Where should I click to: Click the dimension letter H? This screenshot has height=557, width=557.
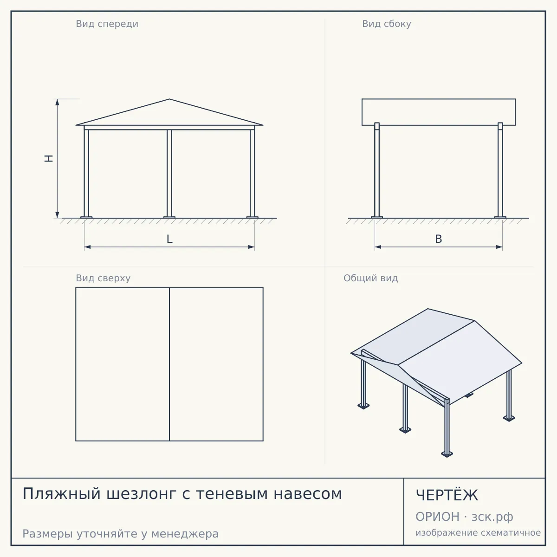(49, 158)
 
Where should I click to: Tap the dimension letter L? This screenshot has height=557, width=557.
(170, 239)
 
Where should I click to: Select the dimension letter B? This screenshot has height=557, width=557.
(439, 239)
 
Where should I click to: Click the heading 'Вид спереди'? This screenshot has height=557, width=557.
(107, 24)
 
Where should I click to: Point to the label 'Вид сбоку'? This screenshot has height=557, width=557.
(387, 24)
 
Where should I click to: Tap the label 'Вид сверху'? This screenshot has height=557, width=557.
(103, 278)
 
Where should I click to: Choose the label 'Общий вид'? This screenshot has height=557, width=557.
(370, 278)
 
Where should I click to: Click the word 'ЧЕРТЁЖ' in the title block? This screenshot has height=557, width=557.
(447, 495)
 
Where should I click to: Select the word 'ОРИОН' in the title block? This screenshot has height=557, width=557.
(437, 517)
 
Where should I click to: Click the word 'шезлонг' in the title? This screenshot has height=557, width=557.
(142, 494)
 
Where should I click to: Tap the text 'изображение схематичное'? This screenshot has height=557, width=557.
(478, 533)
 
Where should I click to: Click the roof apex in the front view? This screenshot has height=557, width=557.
(169, 99)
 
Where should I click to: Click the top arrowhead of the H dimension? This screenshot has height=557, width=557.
(57, 102)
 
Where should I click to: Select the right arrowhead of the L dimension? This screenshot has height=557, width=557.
(252, 247)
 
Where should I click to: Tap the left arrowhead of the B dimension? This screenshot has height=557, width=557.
(378, 247)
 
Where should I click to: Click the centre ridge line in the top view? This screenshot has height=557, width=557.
(169, 364)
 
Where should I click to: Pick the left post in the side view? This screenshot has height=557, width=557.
(376, 170)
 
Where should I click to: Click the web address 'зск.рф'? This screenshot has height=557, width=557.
(492, 518)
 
